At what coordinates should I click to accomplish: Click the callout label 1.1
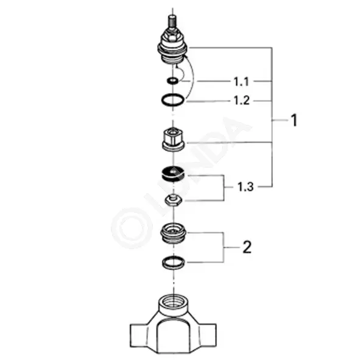pos(241,82)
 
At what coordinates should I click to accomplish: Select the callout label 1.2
pos(241,101)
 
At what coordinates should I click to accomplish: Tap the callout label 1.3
pos(245,186)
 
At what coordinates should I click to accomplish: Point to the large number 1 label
pos(294,120)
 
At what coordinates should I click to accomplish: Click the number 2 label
pos(247,247)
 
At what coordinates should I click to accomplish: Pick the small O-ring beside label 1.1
pos(172,80)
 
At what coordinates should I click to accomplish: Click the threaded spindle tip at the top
pos(172,21)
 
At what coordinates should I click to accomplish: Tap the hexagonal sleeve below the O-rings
pos(173,139)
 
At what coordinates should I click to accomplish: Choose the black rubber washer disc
pos(173,174)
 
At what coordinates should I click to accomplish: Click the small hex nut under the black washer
pos(174,200)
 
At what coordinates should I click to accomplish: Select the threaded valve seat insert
pos(173,234)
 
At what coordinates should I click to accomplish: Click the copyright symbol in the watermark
pos(132,228)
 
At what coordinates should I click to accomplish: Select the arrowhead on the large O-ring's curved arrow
pos(186,57)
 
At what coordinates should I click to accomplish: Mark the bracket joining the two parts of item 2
pos(224,247)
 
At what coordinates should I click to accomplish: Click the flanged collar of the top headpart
pos(172,49)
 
